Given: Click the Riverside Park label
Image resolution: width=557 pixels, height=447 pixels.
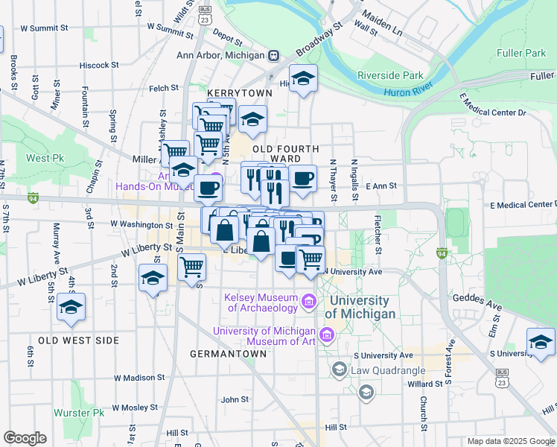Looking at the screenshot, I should tap(390, 75).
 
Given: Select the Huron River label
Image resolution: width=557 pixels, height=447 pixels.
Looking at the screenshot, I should tap(409, 92).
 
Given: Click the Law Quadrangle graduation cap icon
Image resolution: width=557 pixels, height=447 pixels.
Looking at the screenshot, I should tap(339, 370).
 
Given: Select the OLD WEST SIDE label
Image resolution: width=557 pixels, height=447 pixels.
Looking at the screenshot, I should tap(78, 340).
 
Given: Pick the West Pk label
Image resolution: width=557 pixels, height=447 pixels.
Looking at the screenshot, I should tap(45, 158).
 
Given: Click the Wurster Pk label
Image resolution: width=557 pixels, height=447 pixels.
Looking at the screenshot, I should tap(79, 412).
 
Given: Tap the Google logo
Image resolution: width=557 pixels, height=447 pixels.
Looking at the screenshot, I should tap(25, 438).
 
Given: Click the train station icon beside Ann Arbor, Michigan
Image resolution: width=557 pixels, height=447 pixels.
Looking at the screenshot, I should tap(274, 55).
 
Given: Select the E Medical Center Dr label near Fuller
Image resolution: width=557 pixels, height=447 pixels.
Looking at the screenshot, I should tap(493, 104).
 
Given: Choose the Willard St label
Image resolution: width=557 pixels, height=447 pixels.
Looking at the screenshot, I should tap(424, 384).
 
